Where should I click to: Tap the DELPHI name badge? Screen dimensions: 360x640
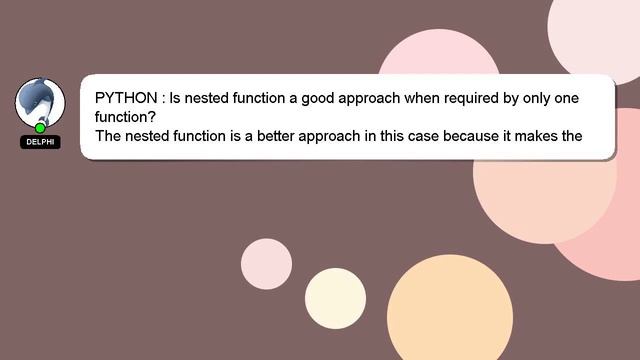40,142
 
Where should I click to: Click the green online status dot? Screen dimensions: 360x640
40,128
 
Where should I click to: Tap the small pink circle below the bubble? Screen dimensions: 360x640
266,264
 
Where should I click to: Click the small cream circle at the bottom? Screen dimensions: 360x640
335,299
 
